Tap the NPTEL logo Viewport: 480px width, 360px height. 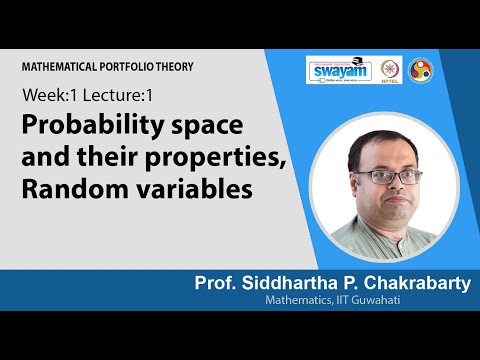pyautogui.click(x=391, y=71)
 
